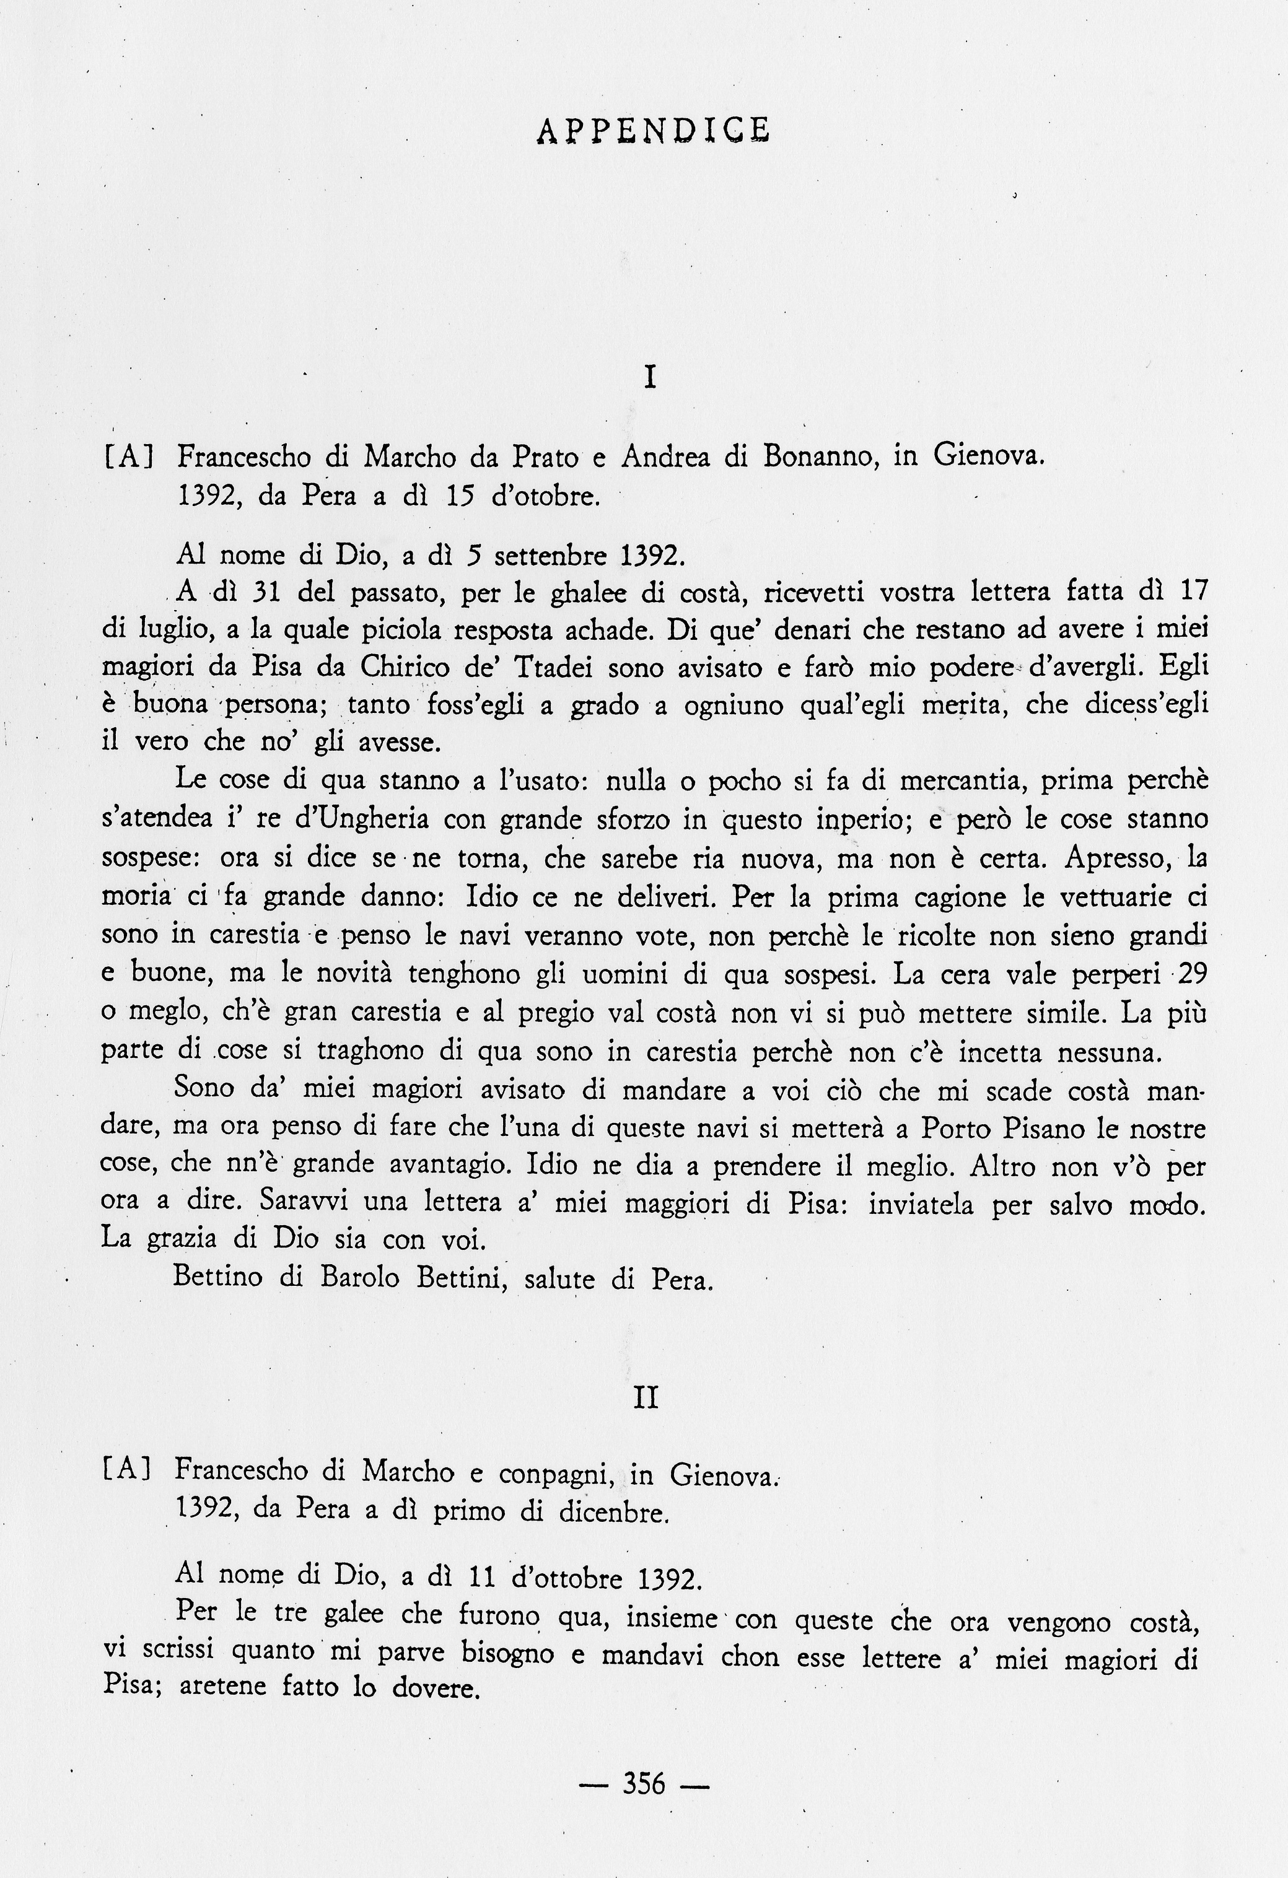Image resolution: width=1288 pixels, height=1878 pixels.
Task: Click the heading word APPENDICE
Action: coord(653,130)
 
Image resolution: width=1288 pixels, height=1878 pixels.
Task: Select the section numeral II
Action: coord(646,1397)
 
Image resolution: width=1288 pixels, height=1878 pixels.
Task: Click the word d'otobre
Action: coord(546,496)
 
